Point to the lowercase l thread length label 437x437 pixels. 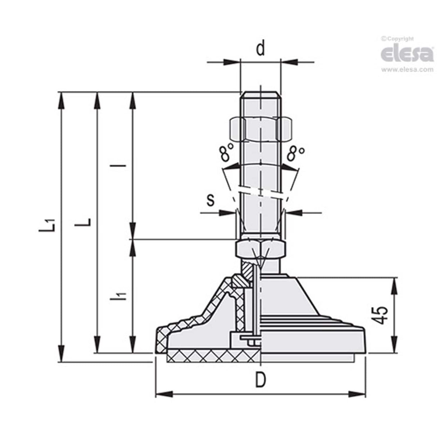tap(123, 166)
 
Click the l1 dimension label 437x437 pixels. tap(122, 296)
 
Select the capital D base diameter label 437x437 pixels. tap(260, 380)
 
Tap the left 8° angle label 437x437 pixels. tap(226, 154)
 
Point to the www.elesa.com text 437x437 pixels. tap(407, 70)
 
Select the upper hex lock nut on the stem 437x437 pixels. tap(260, 129)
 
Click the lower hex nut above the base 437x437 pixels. tap(260, 248)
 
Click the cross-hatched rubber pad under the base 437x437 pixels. tap(212, 357)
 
